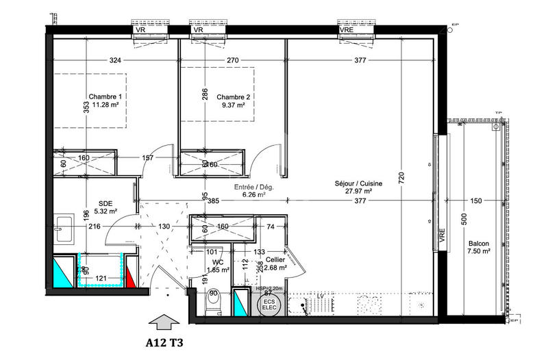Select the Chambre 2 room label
[234, 97]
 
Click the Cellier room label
[276, 259]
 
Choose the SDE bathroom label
[105, 203]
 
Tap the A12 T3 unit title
[164, 340]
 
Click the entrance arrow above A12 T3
[163, 320]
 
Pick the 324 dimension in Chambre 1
[115, 61]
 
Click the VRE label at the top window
[347, 30]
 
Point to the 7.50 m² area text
[479, 252]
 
